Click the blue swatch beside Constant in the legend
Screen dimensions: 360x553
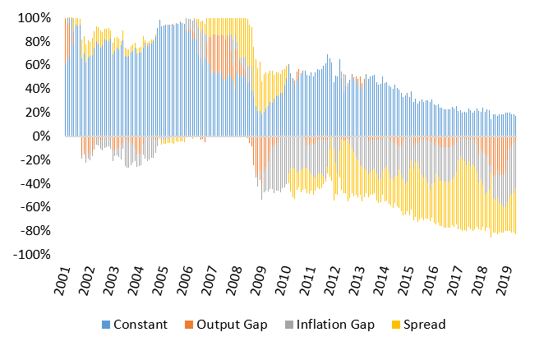point(104,325)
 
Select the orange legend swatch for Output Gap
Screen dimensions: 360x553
point(188,325)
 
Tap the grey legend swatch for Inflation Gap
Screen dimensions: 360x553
point(288,325)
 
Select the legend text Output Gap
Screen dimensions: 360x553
point(232,325)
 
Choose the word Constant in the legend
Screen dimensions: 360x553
point(140,325)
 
